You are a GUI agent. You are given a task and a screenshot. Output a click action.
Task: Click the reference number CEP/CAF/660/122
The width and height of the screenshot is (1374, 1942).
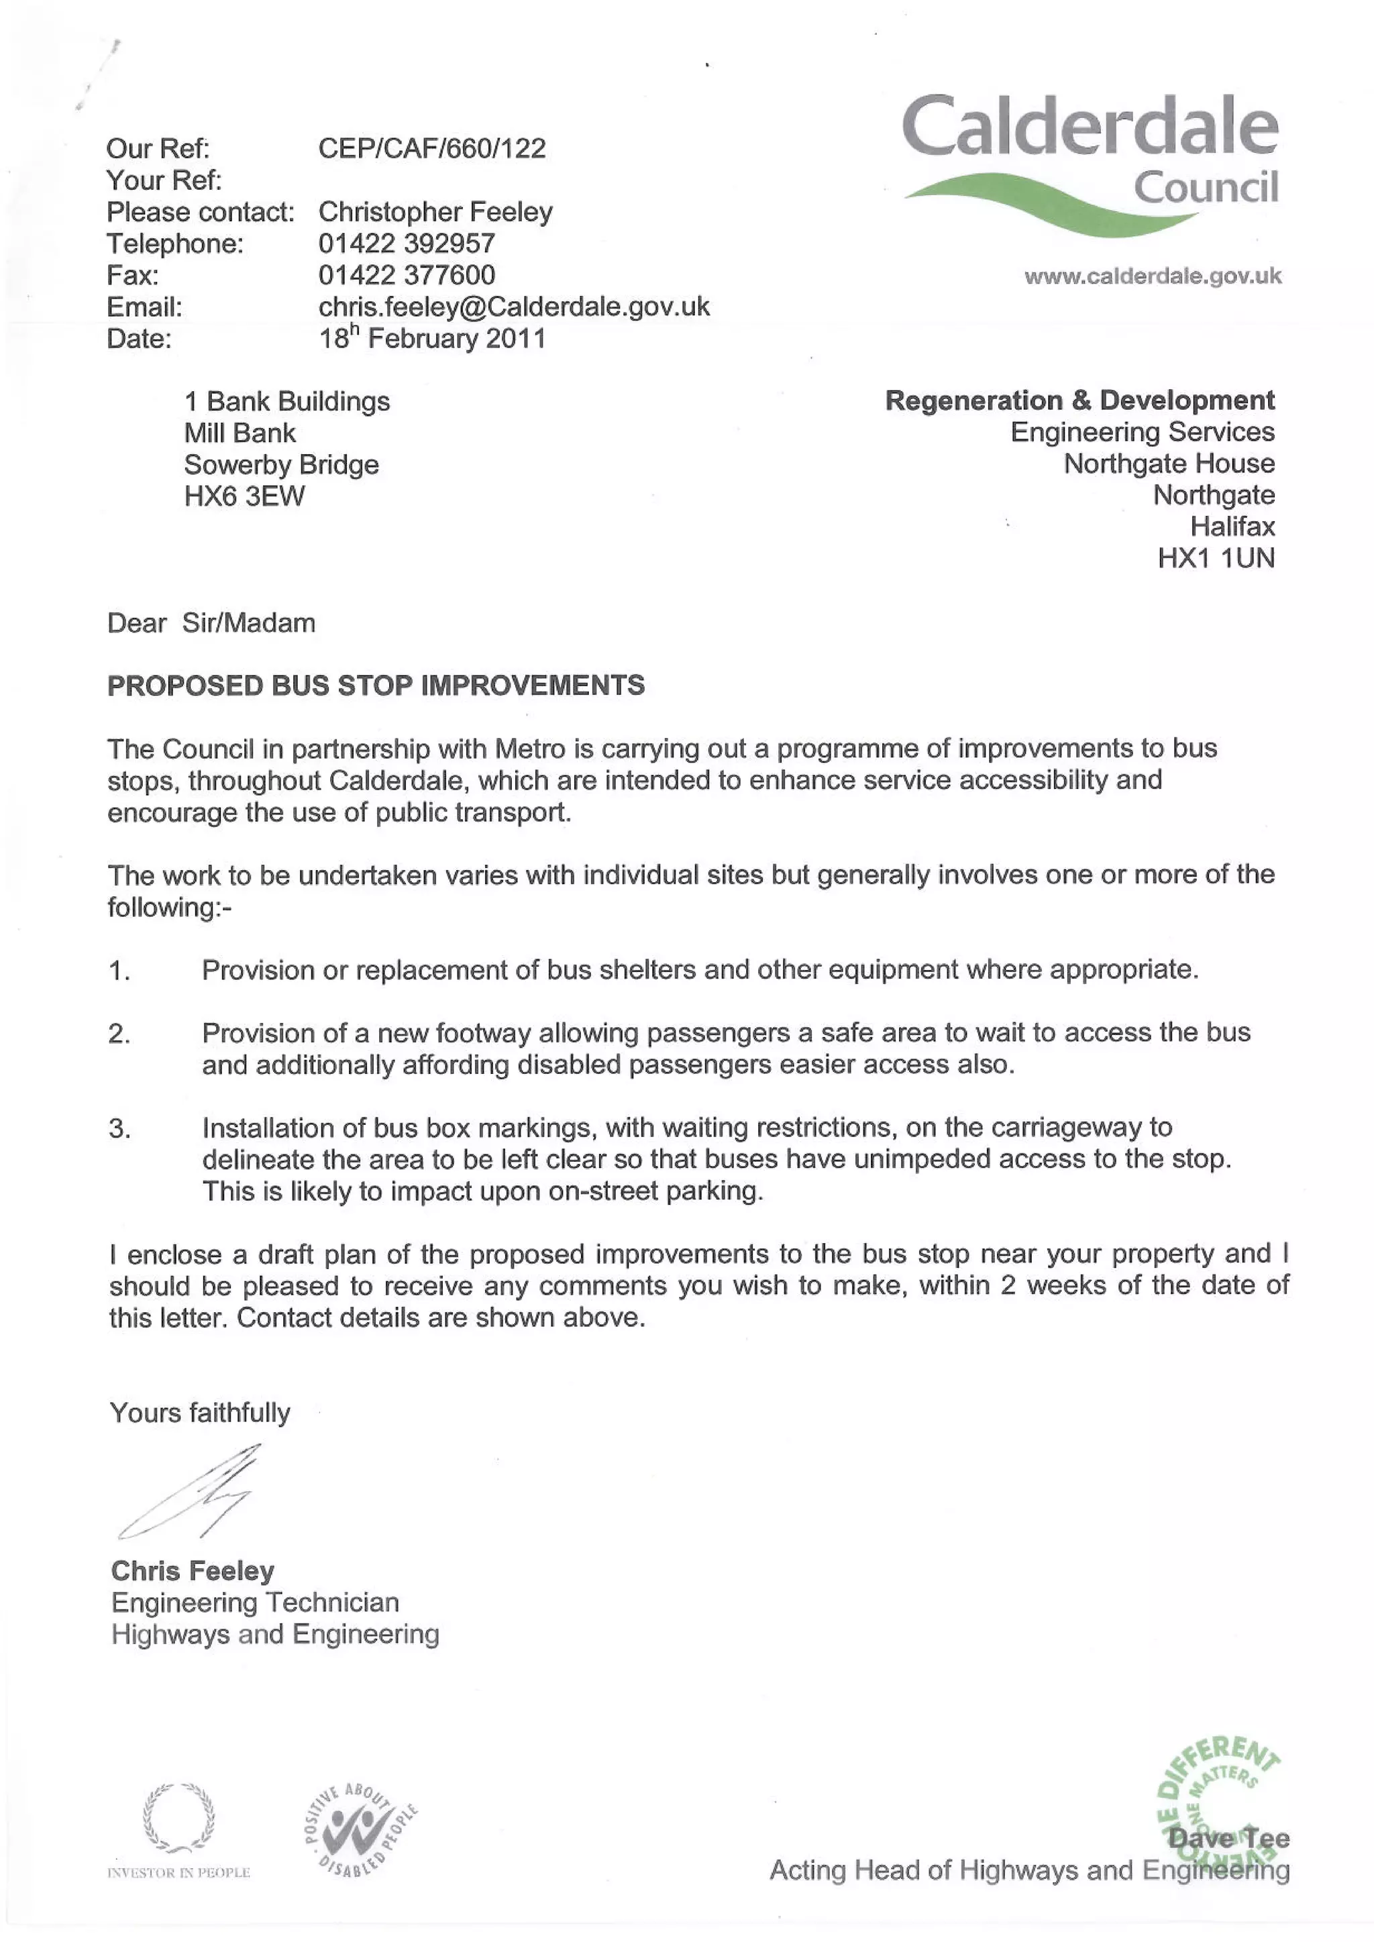(x=431, y=149)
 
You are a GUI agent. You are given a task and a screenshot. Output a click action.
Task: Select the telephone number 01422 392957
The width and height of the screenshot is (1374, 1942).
(x=406, y=244)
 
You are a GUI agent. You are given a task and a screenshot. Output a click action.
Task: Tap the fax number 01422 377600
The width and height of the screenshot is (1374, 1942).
(x=406, y=275)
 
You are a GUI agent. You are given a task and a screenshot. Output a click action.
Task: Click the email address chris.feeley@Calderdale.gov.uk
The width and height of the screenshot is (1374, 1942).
(x=513, y=306)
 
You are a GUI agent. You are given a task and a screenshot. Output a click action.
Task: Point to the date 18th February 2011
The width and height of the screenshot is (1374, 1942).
(x=431, y=338)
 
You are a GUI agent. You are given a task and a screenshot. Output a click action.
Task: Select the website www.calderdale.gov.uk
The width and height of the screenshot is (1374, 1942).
(x=1153, y=276)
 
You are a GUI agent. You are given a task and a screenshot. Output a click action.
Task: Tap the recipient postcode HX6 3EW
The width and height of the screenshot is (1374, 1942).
(x=244, y=496)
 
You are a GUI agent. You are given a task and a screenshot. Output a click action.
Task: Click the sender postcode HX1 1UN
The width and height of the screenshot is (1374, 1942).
(x=1216, y=558)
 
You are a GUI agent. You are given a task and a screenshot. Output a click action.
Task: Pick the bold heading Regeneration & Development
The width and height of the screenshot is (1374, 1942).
(x=1079, y=400)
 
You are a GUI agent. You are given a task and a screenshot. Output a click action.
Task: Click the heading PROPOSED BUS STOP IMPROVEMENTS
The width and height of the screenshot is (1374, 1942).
(x=376, y=685)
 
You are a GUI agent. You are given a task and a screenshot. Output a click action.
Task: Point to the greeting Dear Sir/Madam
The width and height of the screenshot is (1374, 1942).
(x=211, y=623)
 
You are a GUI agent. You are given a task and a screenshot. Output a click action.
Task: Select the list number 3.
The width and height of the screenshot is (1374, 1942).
(x=119, y=1129)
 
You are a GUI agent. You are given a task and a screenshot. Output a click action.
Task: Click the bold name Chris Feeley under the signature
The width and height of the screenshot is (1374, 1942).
(x=193, y=1570)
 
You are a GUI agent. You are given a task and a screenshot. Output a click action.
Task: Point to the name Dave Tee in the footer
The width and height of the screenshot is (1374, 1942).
(x=1228, y=1838)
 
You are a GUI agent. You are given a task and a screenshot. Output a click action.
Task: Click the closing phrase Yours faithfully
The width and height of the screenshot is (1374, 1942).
(x=200, y=1413)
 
